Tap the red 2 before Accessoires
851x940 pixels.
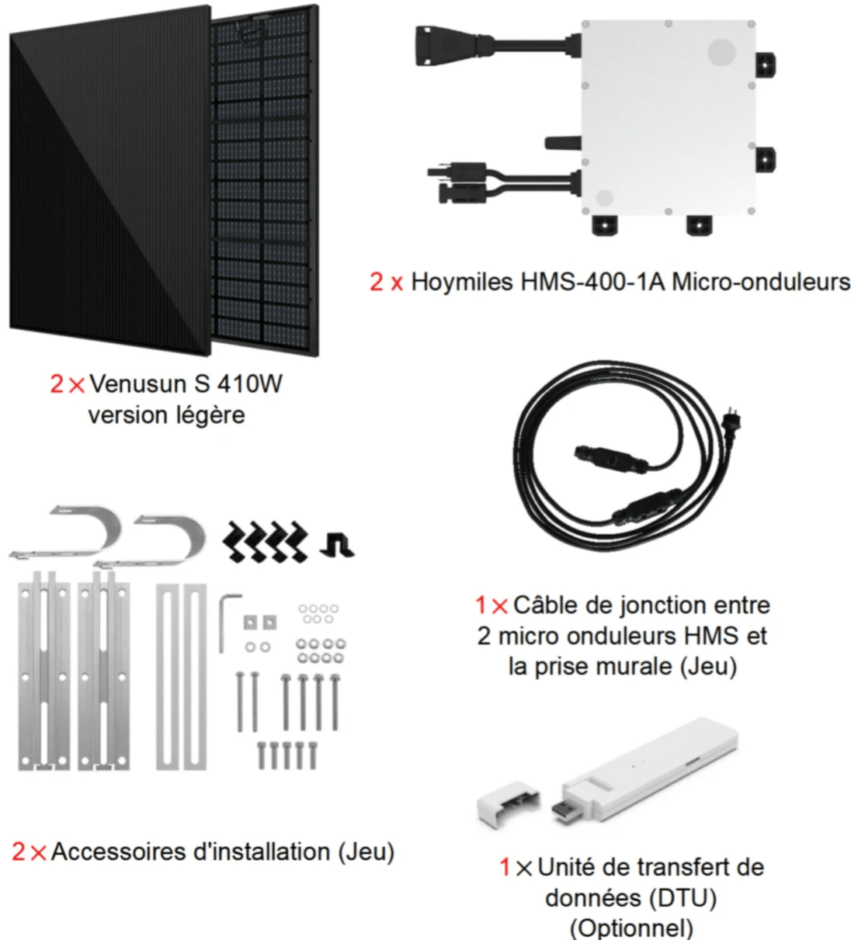[19, 852]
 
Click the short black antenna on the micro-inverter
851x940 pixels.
[563, 142]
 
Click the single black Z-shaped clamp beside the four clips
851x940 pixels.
[337, 546]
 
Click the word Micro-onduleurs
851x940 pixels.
[761, 283]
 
